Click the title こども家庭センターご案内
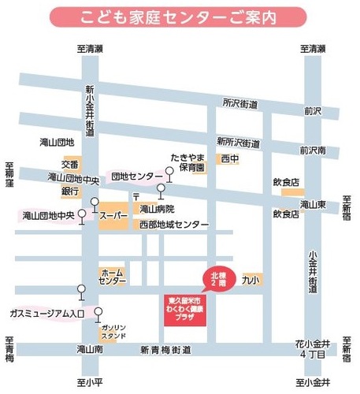click(179, 17)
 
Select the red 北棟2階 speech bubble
click(217, 277)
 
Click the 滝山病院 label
click(157, 210)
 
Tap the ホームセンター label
click(112, 276)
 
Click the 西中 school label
click(229, 159)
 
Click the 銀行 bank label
click(71, 191)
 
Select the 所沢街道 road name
click(240, 102)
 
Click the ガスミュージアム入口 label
click(46, 314)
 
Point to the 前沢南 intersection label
click(314, 150)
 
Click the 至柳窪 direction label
click(9, 174)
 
